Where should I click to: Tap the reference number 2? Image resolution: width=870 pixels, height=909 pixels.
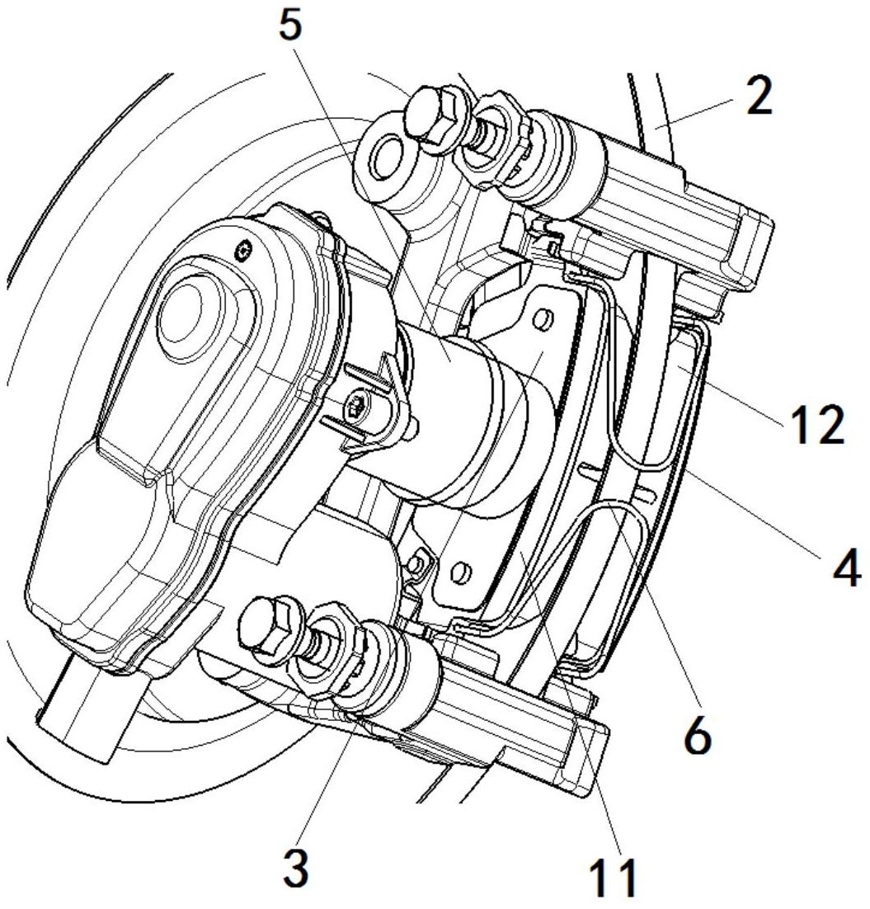[759, 97]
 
